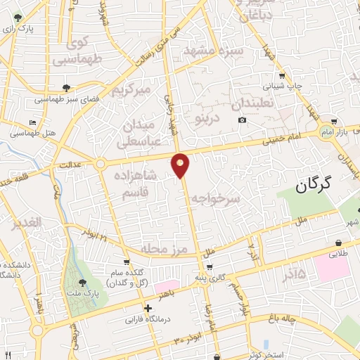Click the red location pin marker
[181, 165]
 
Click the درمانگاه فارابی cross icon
[147, 308]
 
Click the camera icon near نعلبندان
[242, 120]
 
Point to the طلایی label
[340, 250]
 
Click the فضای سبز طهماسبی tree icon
[65, 87]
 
